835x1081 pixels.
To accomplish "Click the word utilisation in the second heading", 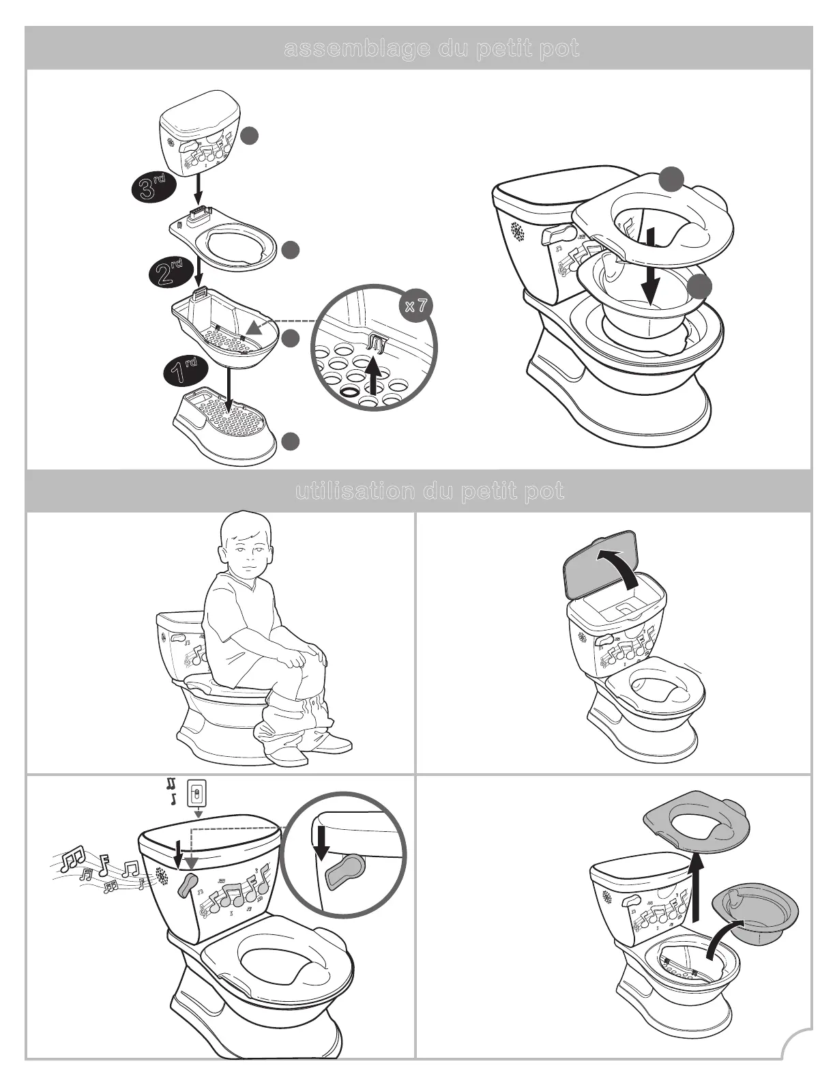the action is click(355, 491).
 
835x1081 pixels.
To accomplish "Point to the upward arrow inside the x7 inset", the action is click(372, 375).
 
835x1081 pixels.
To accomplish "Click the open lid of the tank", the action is click(600, 563).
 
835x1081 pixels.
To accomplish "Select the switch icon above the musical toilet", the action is click(197, 794).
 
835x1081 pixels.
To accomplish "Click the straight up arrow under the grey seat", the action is click(696, 887).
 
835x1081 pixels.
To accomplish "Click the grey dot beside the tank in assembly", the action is click(250, 136).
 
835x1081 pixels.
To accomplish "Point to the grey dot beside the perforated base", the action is click(291, 442).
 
